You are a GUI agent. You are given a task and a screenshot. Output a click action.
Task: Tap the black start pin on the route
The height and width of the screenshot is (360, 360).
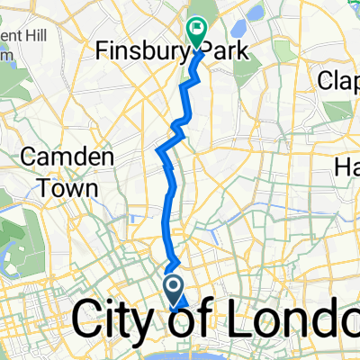pos(174,289)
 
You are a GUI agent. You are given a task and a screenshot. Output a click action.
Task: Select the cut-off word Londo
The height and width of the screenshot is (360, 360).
pos(288,319)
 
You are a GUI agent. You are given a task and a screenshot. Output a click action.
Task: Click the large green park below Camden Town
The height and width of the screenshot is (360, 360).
pos(18,238)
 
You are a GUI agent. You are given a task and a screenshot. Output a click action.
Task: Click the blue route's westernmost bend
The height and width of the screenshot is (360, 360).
pos(160,149)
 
